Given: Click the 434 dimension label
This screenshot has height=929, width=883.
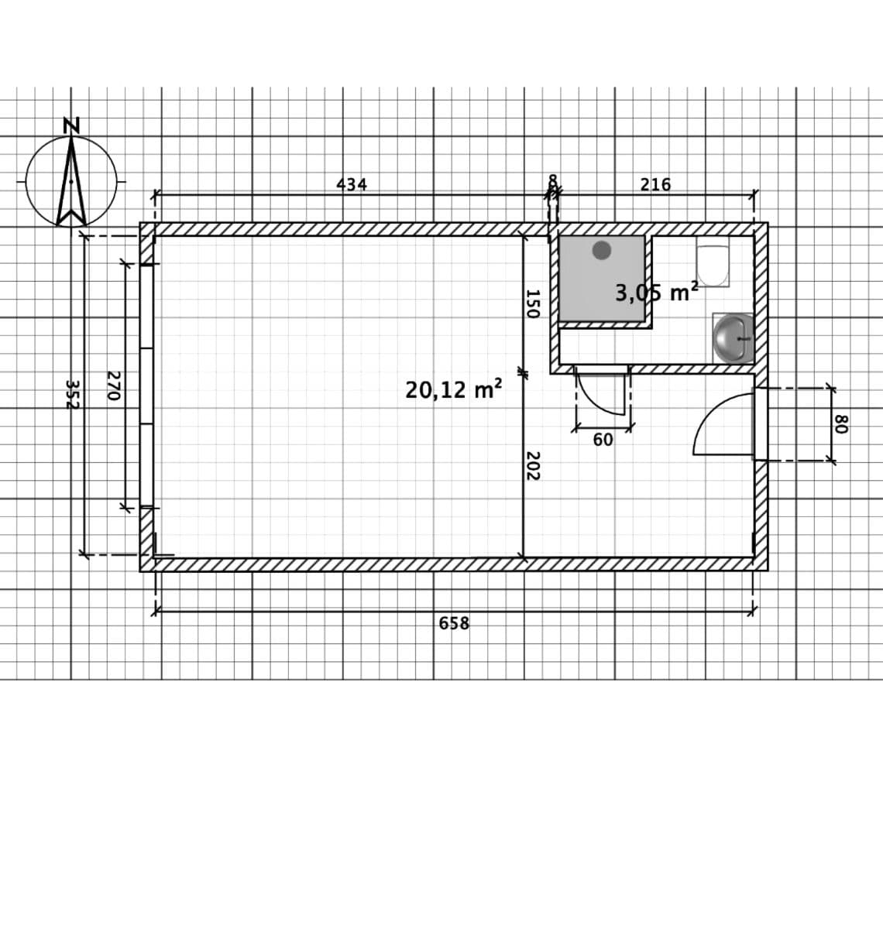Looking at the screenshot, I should click(352, 185).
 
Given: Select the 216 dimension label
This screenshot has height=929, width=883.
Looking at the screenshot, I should click(655, 185).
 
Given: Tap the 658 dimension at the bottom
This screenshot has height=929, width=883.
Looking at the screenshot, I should click(454, 623).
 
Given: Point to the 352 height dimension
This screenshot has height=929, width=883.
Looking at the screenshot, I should click(71, 394).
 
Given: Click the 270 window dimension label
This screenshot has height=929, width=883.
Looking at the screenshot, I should click(113, 385).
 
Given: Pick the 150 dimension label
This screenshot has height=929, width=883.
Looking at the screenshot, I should click(532, 303).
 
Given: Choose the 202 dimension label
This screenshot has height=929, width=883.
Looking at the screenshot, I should click(532, 465).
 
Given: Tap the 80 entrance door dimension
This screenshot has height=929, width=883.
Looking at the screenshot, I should click(841, 423).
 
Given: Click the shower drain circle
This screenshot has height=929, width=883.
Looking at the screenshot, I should click(602, 250).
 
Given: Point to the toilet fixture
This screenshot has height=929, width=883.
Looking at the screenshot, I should click(713, 266).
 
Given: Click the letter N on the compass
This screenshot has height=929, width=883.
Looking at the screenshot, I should click(71, 125).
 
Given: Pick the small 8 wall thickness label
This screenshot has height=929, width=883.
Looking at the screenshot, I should click(552, 182).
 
